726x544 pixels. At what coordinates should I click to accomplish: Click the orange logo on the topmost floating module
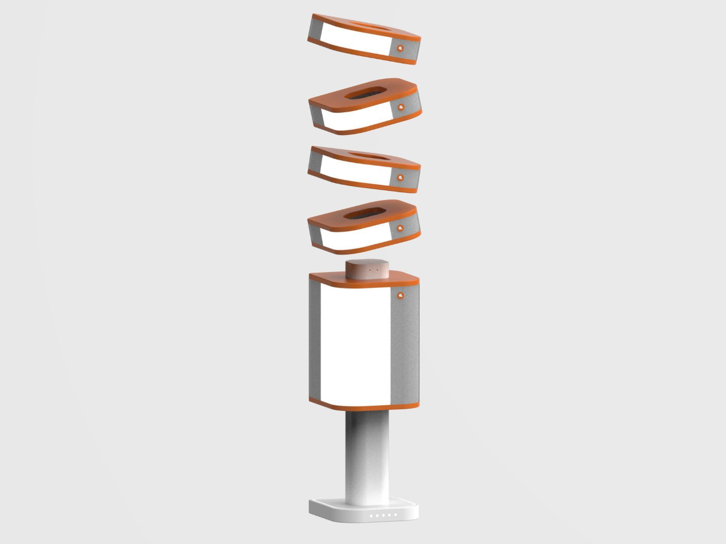(x=400, y=48)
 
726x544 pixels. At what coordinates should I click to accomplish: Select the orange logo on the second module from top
(x=400, y=107)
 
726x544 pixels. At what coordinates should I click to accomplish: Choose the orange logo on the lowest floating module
(x=400, y=228)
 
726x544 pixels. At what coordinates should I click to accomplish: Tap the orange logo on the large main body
(x=400, y=295)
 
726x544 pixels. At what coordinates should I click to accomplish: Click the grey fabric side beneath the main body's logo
(x=406, y=351)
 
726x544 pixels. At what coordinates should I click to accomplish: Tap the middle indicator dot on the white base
(x=383, y=515)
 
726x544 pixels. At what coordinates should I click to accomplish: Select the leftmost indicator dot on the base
(x=372, y=516)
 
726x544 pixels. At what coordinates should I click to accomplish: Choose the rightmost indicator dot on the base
(x=395, y=515)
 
